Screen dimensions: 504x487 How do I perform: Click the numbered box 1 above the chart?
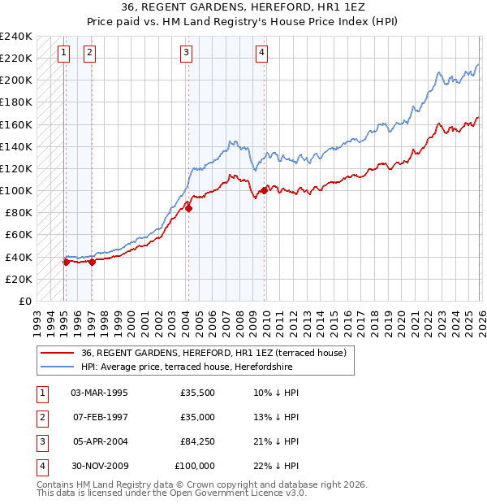pyautogui.click(x=64, y=54)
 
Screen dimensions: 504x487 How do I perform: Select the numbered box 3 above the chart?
pyautogui.click(x=187, y=54)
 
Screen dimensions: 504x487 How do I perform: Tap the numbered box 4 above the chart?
pyautogui.click(x=262, y=54)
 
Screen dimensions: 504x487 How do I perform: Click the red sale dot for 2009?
pyautogui.click(x=264, y=190)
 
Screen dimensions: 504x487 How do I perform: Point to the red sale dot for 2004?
pyautogui.click(x=188, y=208)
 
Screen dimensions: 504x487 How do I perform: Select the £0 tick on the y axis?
pyautogui.click(x=24, y=301)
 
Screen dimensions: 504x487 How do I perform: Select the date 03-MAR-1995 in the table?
pyautogui.click(x=99, y=392)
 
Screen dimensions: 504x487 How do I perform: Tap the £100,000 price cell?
pyautogui.click(x=195, y=466)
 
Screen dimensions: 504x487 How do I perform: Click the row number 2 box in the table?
pyautogui.click(x=41, y=417)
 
